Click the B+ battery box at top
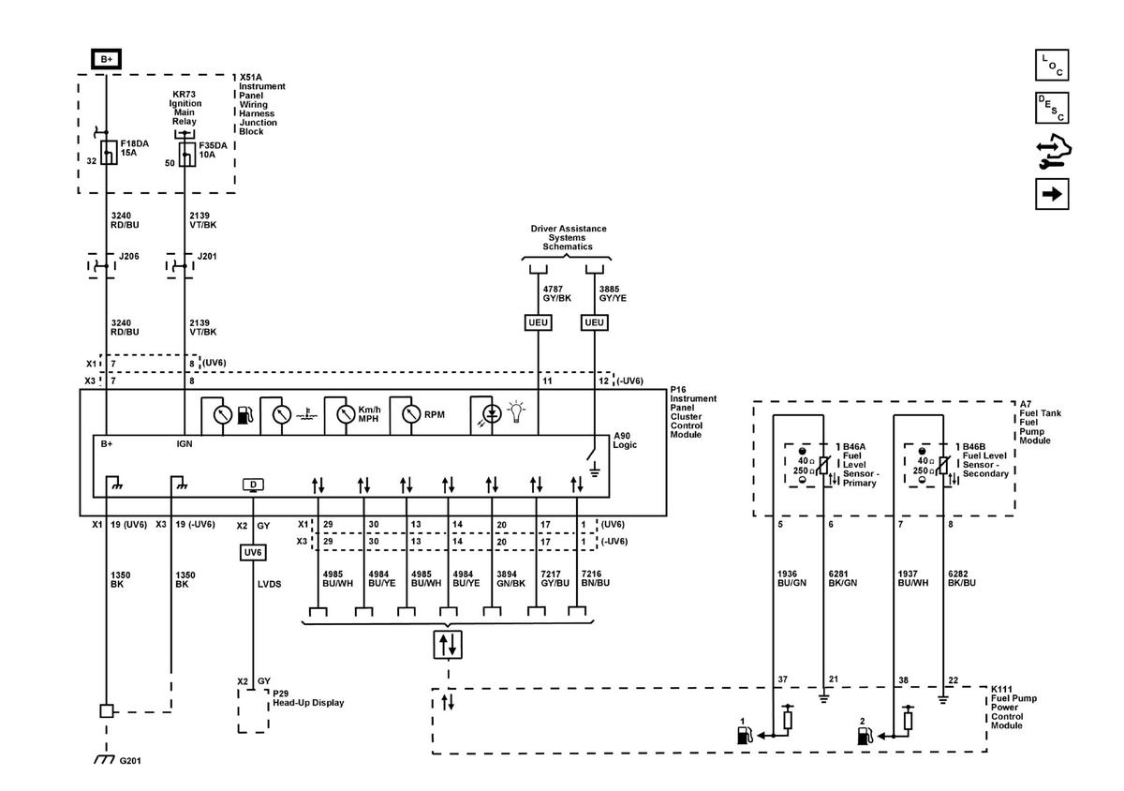click(x=107, y=59)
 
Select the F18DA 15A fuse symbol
click(x=109, y=152)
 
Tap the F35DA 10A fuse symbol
click(x=187, y=155)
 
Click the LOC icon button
click(x=1052, y=65)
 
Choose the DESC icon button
click(x=1052, y=108)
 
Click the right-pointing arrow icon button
click(x=1052, y=194)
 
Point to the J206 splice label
click(x=129, y=256)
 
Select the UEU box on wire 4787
click(x=538, y=322)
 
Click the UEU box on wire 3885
click(x=594, y=322)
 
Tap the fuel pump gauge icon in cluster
click(x=244, y=415)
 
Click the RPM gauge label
click(x=434, y=415)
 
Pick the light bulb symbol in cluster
click(x=516, y=411)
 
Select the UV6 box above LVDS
click(x=252, y=552)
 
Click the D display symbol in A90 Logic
click(x=253, y=485)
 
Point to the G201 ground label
click(x=130, y=761)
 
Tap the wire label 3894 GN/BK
click(x=510, y=578)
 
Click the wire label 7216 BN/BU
click(x=595, y=578)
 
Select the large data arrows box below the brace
click(x=448, y=645)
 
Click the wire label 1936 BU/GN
click(x=791, y=578)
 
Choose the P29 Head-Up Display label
click(x=308, y=698)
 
